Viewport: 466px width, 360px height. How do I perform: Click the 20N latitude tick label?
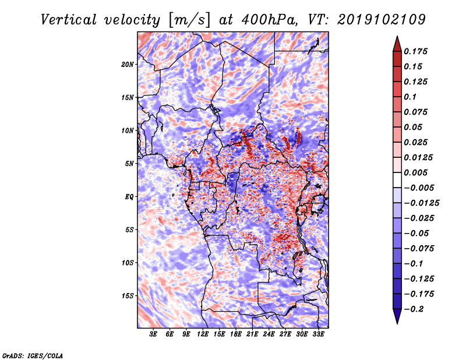[x=128, y=65]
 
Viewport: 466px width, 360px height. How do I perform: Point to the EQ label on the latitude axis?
[x=129, y=197]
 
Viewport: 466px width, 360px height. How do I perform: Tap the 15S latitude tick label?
[x=128, y=296]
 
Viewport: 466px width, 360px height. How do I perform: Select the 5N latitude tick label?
[x=129, y=164]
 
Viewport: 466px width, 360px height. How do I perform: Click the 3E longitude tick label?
[x=153, y=334]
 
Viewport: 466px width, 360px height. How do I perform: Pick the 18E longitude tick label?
[x=236, y=334]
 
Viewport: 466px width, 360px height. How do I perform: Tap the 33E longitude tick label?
[x=318, y=334]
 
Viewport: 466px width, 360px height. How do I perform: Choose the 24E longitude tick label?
[x=269, y=334]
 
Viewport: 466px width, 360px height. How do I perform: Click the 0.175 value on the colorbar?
[x=415, y=51]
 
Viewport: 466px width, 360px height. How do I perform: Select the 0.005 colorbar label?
[x=415, y=172]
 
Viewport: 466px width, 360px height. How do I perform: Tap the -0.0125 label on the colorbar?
[x=421, y=203]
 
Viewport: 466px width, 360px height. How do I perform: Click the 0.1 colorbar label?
[x=410, y=97]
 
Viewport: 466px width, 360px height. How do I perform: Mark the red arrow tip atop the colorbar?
[x=397, y=37]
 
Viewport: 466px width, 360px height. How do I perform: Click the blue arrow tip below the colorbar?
[x=397, y=323]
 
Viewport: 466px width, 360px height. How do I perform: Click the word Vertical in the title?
[x=69, y=20]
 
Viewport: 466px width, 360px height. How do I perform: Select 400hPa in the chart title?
[x=269, y=20]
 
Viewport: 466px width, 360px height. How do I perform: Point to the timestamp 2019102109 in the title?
[x=382, y=20]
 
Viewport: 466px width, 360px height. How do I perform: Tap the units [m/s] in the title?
[x=189, y=20]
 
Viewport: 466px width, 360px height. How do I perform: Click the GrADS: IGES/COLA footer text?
[x=33, y=355]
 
